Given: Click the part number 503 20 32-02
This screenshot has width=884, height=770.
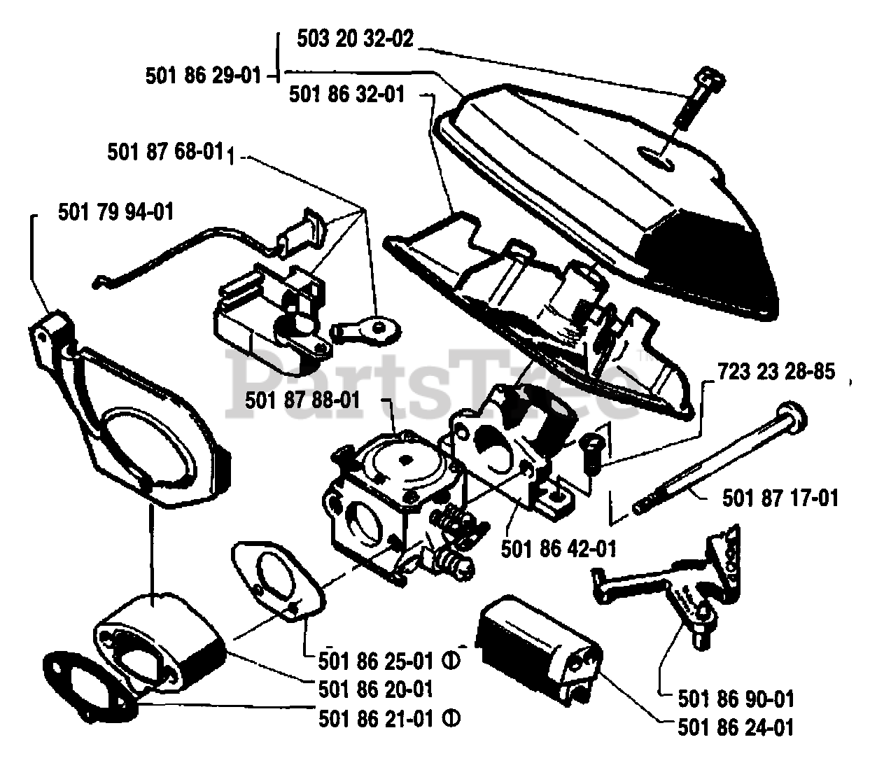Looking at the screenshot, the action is click(355, 39).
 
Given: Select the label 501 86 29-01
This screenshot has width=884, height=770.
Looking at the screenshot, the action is click(202, 75).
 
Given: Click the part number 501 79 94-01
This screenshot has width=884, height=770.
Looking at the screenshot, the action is click(116, 210).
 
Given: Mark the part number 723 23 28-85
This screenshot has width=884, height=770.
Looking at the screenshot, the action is click(776, 371).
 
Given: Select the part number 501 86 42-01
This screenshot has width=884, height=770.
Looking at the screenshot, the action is click(559, 548).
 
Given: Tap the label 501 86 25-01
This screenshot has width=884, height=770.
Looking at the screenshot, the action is click(375, 659).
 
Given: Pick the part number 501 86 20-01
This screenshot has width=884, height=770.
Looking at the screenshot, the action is click(375, 689).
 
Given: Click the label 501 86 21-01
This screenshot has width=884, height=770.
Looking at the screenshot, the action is click(375, 718).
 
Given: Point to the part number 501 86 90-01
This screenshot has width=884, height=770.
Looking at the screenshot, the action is click(736, 698).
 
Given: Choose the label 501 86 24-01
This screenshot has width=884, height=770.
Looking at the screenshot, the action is click(736, 727).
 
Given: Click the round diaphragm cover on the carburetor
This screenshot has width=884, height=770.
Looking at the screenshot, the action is click(405, 459).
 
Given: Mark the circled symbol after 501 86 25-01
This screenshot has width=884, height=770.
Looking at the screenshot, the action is click(451, 659).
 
